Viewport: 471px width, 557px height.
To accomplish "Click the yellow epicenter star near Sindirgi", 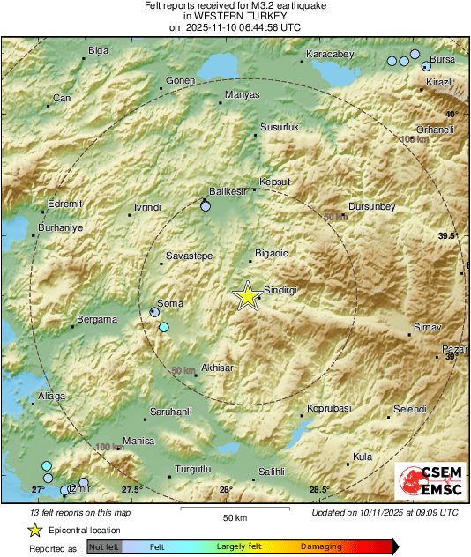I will tap(248, 297).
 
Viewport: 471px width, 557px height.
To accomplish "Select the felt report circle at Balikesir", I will tap(206, 206).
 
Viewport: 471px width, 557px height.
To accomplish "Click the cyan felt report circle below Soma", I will tap(163, 328).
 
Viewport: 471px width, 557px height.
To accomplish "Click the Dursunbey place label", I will tap(371, 206).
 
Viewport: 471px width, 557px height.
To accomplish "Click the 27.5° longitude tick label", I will tap(131, 490).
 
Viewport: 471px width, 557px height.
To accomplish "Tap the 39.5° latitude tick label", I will tap(448, 236).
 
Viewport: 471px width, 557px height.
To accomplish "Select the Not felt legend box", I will tap(104, 547).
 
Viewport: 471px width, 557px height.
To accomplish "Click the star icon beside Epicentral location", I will tap(34, 530).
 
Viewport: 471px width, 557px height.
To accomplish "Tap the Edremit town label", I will tap(64, 204).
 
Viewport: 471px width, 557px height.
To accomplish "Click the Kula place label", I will tap(362, 457).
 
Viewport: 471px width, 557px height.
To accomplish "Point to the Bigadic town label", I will tap(271, 254).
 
